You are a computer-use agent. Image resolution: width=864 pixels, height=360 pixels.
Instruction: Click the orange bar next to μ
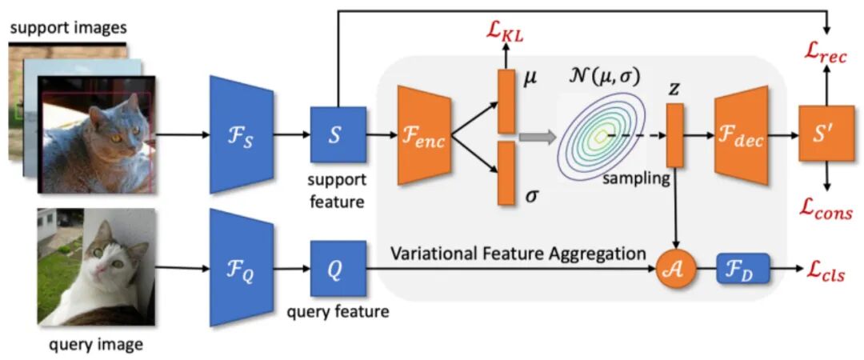pyautogui.click(x=506, y=102)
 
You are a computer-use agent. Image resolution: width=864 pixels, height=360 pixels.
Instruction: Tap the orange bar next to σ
pyautogui.click(x=506, y=173)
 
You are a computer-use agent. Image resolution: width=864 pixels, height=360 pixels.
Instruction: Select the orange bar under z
pyautogui.click(x=675, y=137)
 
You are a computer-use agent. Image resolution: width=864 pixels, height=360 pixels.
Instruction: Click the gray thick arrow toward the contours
pyautogui.click(x=537, y=138)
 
